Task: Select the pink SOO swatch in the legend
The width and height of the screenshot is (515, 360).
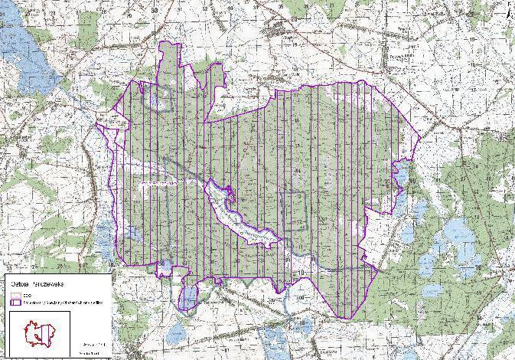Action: pos(17,295)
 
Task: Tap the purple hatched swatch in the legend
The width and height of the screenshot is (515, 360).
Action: pos(17,303)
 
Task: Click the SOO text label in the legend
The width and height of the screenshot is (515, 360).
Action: pos(28,295)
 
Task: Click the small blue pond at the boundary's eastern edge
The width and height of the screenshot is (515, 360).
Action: pos(399,176)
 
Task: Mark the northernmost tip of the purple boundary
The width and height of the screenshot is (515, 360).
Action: pos(165,41)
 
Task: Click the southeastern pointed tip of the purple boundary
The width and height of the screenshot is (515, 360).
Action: pos(337,317)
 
